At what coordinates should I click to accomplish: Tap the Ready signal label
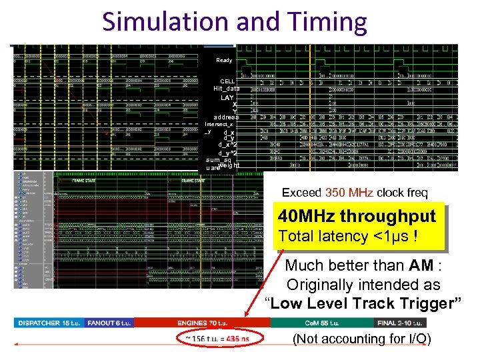click(x=224, y=60)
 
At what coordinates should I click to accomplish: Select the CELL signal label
click(x=227, y=81)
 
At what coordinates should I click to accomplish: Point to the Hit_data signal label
click(x=227, y=89)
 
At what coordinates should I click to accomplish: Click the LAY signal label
click(x=227, y=97)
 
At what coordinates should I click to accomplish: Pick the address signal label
click(x=225, y=117)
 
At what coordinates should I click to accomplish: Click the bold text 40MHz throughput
click(x=357, y=217)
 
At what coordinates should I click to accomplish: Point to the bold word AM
click(x=421, y=265)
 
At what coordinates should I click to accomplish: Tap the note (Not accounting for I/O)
click(x=362, y=339)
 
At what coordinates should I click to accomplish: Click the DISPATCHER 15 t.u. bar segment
click(x=48, y=323)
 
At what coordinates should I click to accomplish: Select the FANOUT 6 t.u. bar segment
click(x=109, y=323)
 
